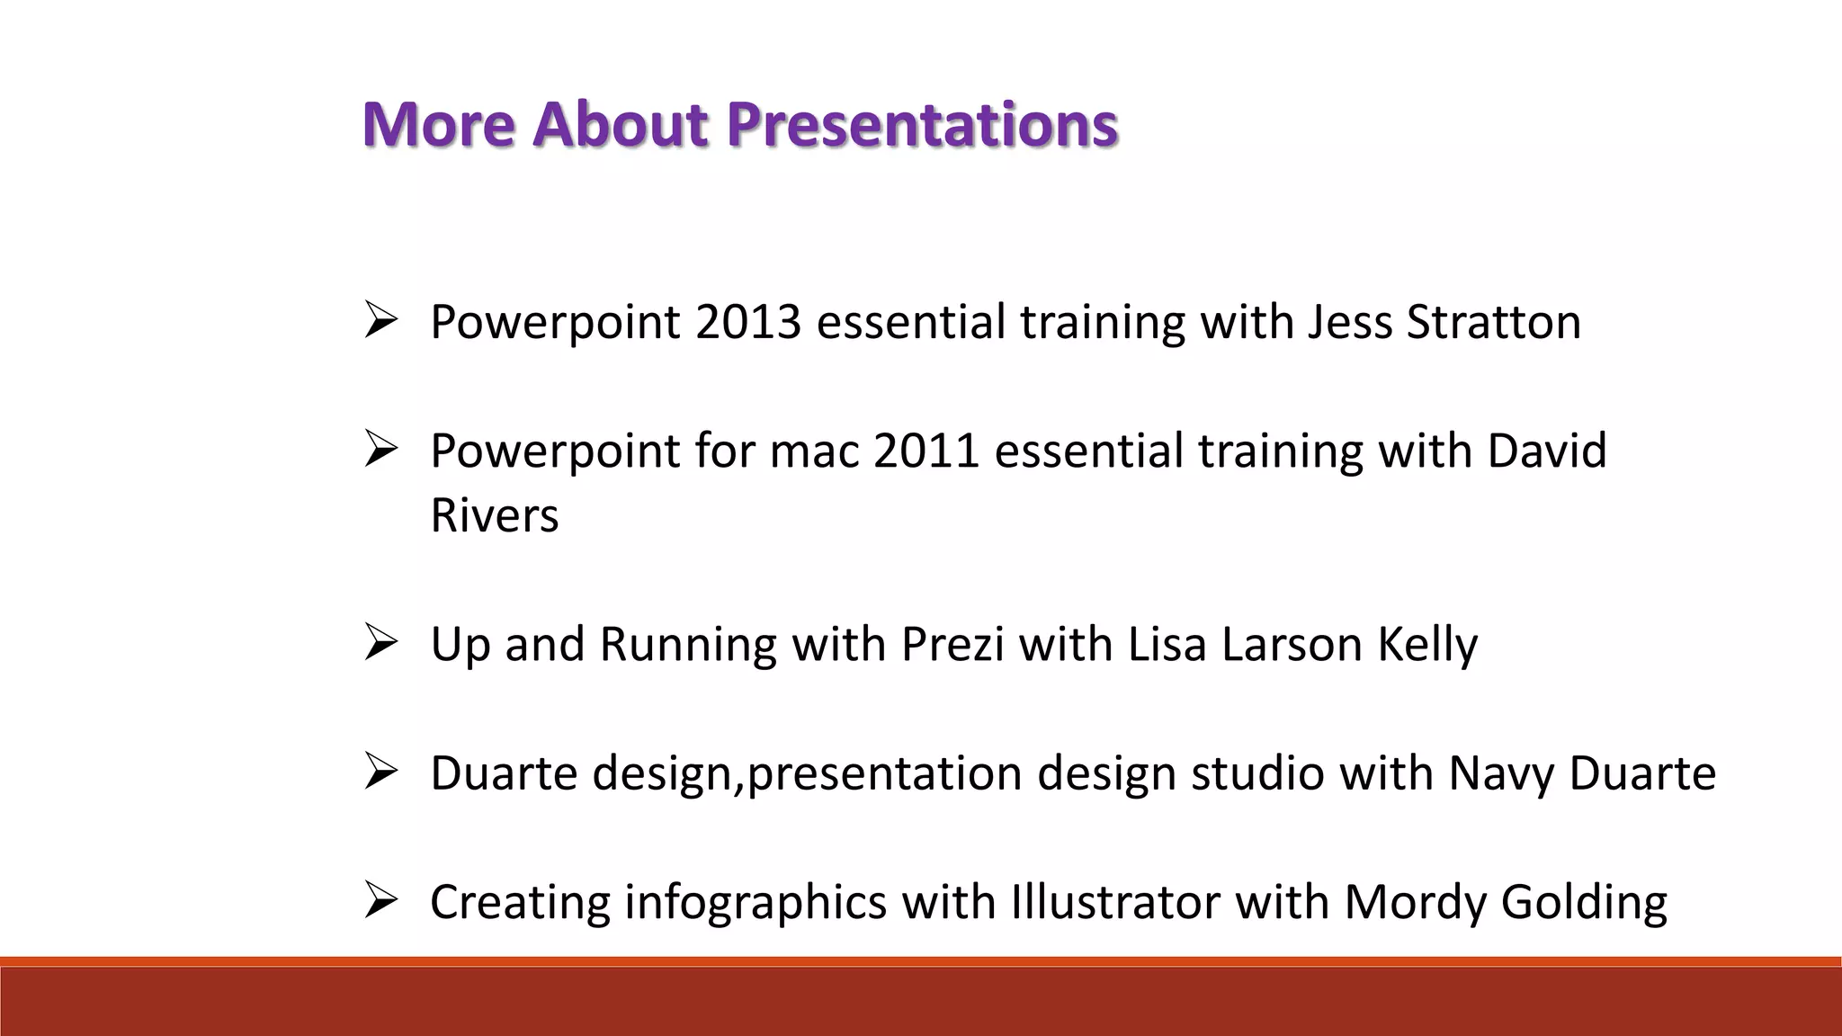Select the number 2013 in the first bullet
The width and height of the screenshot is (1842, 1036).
click(747, 322)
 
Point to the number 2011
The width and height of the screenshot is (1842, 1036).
click(925, 451)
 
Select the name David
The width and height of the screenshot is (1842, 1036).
click(1546, 451)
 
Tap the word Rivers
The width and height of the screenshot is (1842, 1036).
click(495, 515)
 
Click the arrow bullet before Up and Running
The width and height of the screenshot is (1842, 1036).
click(380, 644)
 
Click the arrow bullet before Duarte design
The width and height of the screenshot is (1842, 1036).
click(380, 773)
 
